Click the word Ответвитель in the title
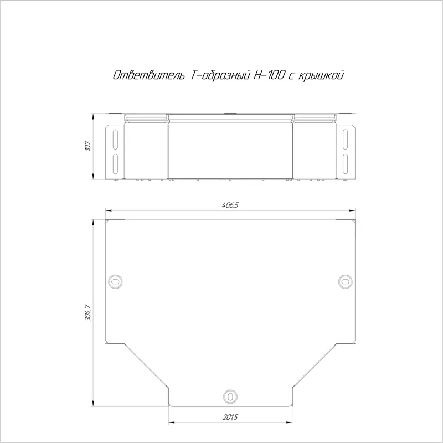point(149,75)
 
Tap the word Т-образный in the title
point(219,75)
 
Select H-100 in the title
point(268,75)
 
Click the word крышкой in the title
point(321,76)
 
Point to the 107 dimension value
point(88,146)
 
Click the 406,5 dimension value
point(230,205)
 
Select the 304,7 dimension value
point(88,313)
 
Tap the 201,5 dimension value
point(230,417)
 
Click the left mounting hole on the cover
point(115,281)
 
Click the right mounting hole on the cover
point(345,281)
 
